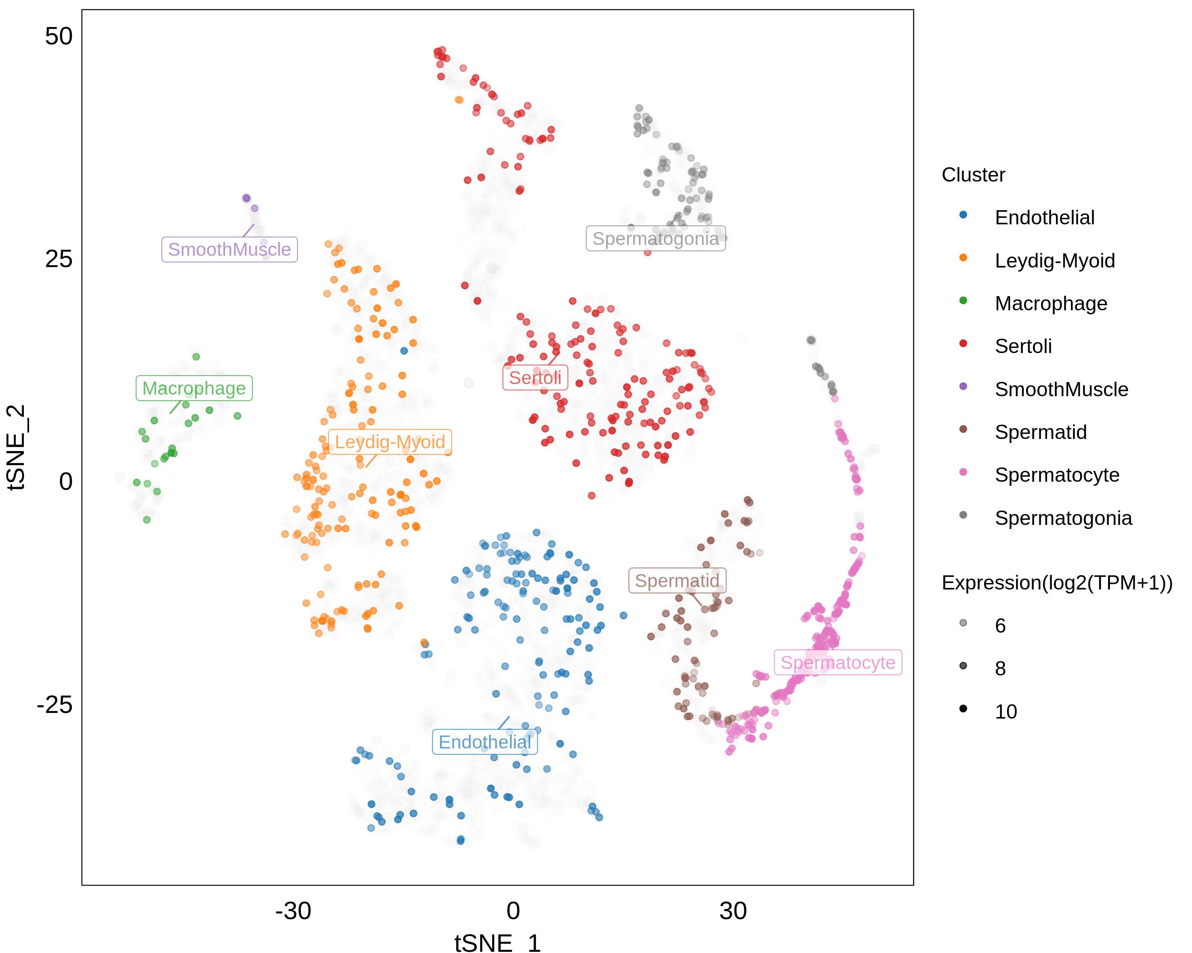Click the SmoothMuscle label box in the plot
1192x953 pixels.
(x=229, y=250)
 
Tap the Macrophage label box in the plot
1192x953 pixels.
(x=194, y=389)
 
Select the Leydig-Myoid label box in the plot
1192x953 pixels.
(x=390, y=442)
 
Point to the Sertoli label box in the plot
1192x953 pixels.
(x=535, y=378)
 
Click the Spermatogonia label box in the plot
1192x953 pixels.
(x=656, y=239)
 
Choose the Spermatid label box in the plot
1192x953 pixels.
(x=677, y=581)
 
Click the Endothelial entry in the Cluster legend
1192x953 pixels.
(x=1044, y=217)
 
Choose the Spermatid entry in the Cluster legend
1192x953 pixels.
(x=1041, y=432)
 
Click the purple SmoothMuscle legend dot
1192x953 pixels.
(x=963, y=386)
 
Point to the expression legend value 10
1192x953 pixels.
(x=1006, y=712)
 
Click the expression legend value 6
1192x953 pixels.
(x=1000, y=625)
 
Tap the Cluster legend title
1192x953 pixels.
(x=973, y=175)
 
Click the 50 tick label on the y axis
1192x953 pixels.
(x=59, y=36)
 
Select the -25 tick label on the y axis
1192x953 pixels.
(x=54, y=704)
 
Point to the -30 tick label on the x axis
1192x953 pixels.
(x=293, y=911)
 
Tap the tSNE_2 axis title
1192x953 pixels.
(x=17, y=447)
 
